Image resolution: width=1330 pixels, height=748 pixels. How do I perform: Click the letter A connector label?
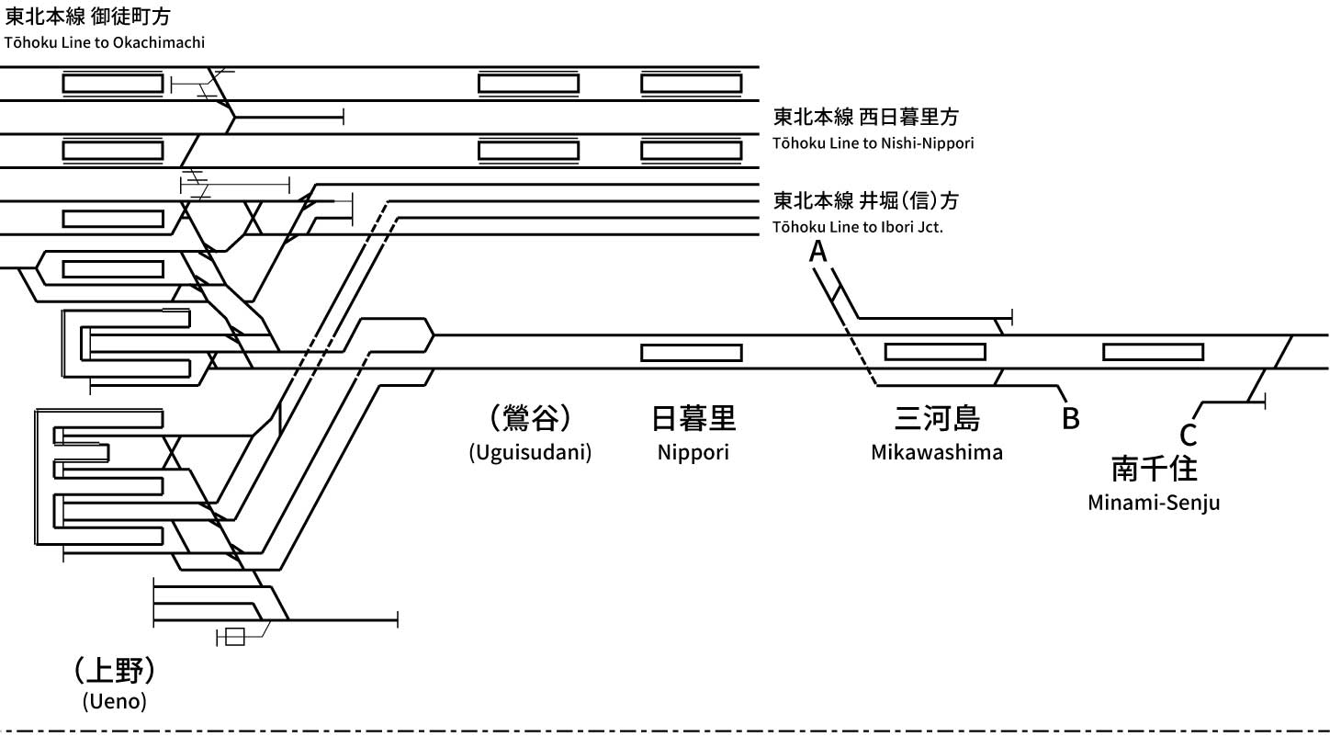[817, 251]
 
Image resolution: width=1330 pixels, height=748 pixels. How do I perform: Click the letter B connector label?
[1070, 418]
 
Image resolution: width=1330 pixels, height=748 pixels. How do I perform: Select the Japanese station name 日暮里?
[693, 419]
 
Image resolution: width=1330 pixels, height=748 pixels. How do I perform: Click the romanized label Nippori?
[693, 452]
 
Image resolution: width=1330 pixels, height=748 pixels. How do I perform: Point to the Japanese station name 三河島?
[937, 419]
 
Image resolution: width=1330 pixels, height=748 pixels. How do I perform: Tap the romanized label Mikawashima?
[937, 452]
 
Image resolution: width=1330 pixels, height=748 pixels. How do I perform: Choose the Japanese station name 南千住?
[1154, 469]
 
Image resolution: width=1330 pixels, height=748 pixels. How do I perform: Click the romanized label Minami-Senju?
[1154, 503]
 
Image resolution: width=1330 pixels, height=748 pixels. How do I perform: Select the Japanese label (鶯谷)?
[530, 419]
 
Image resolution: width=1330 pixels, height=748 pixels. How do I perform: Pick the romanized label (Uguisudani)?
[530, 452]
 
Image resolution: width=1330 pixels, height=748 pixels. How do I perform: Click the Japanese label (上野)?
[114, 670]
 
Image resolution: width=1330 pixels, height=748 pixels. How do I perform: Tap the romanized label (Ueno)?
[114, 702]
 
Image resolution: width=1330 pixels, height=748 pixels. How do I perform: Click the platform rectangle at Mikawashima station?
[934, 352]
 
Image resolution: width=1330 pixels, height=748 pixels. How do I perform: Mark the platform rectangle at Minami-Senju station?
[1153, 352]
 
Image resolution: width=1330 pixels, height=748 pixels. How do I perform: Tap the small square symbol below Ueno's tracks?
[235, 636]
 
